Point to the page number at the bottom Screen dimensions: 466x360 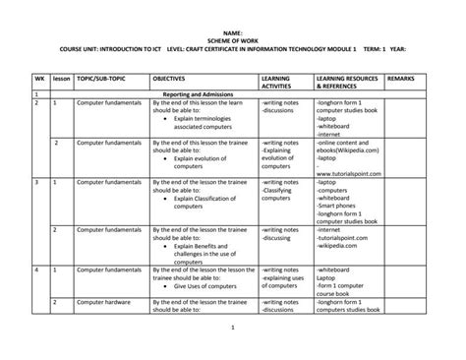[233, 327]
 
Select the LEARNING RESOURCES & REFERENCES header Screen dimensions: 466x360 [348, 81]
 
